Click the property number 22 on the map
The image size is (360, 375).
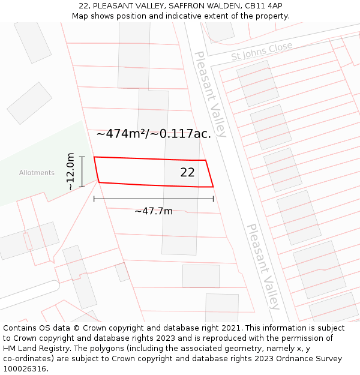coord(187,172)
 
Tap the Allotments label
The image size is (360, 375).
coord(37,173)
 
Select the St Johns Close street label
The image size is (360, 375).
coord(262,51)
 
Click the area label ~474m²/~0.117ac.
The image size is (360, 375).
coord(154,134)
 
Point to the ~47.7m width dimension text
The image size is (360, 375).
coord(154,211)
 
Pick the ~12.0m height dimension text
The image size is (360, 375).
coord(71,172)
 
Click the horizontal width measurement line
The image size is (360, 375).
coord(154,199)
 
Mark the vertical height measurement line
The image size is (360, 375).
coord(82,172)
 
